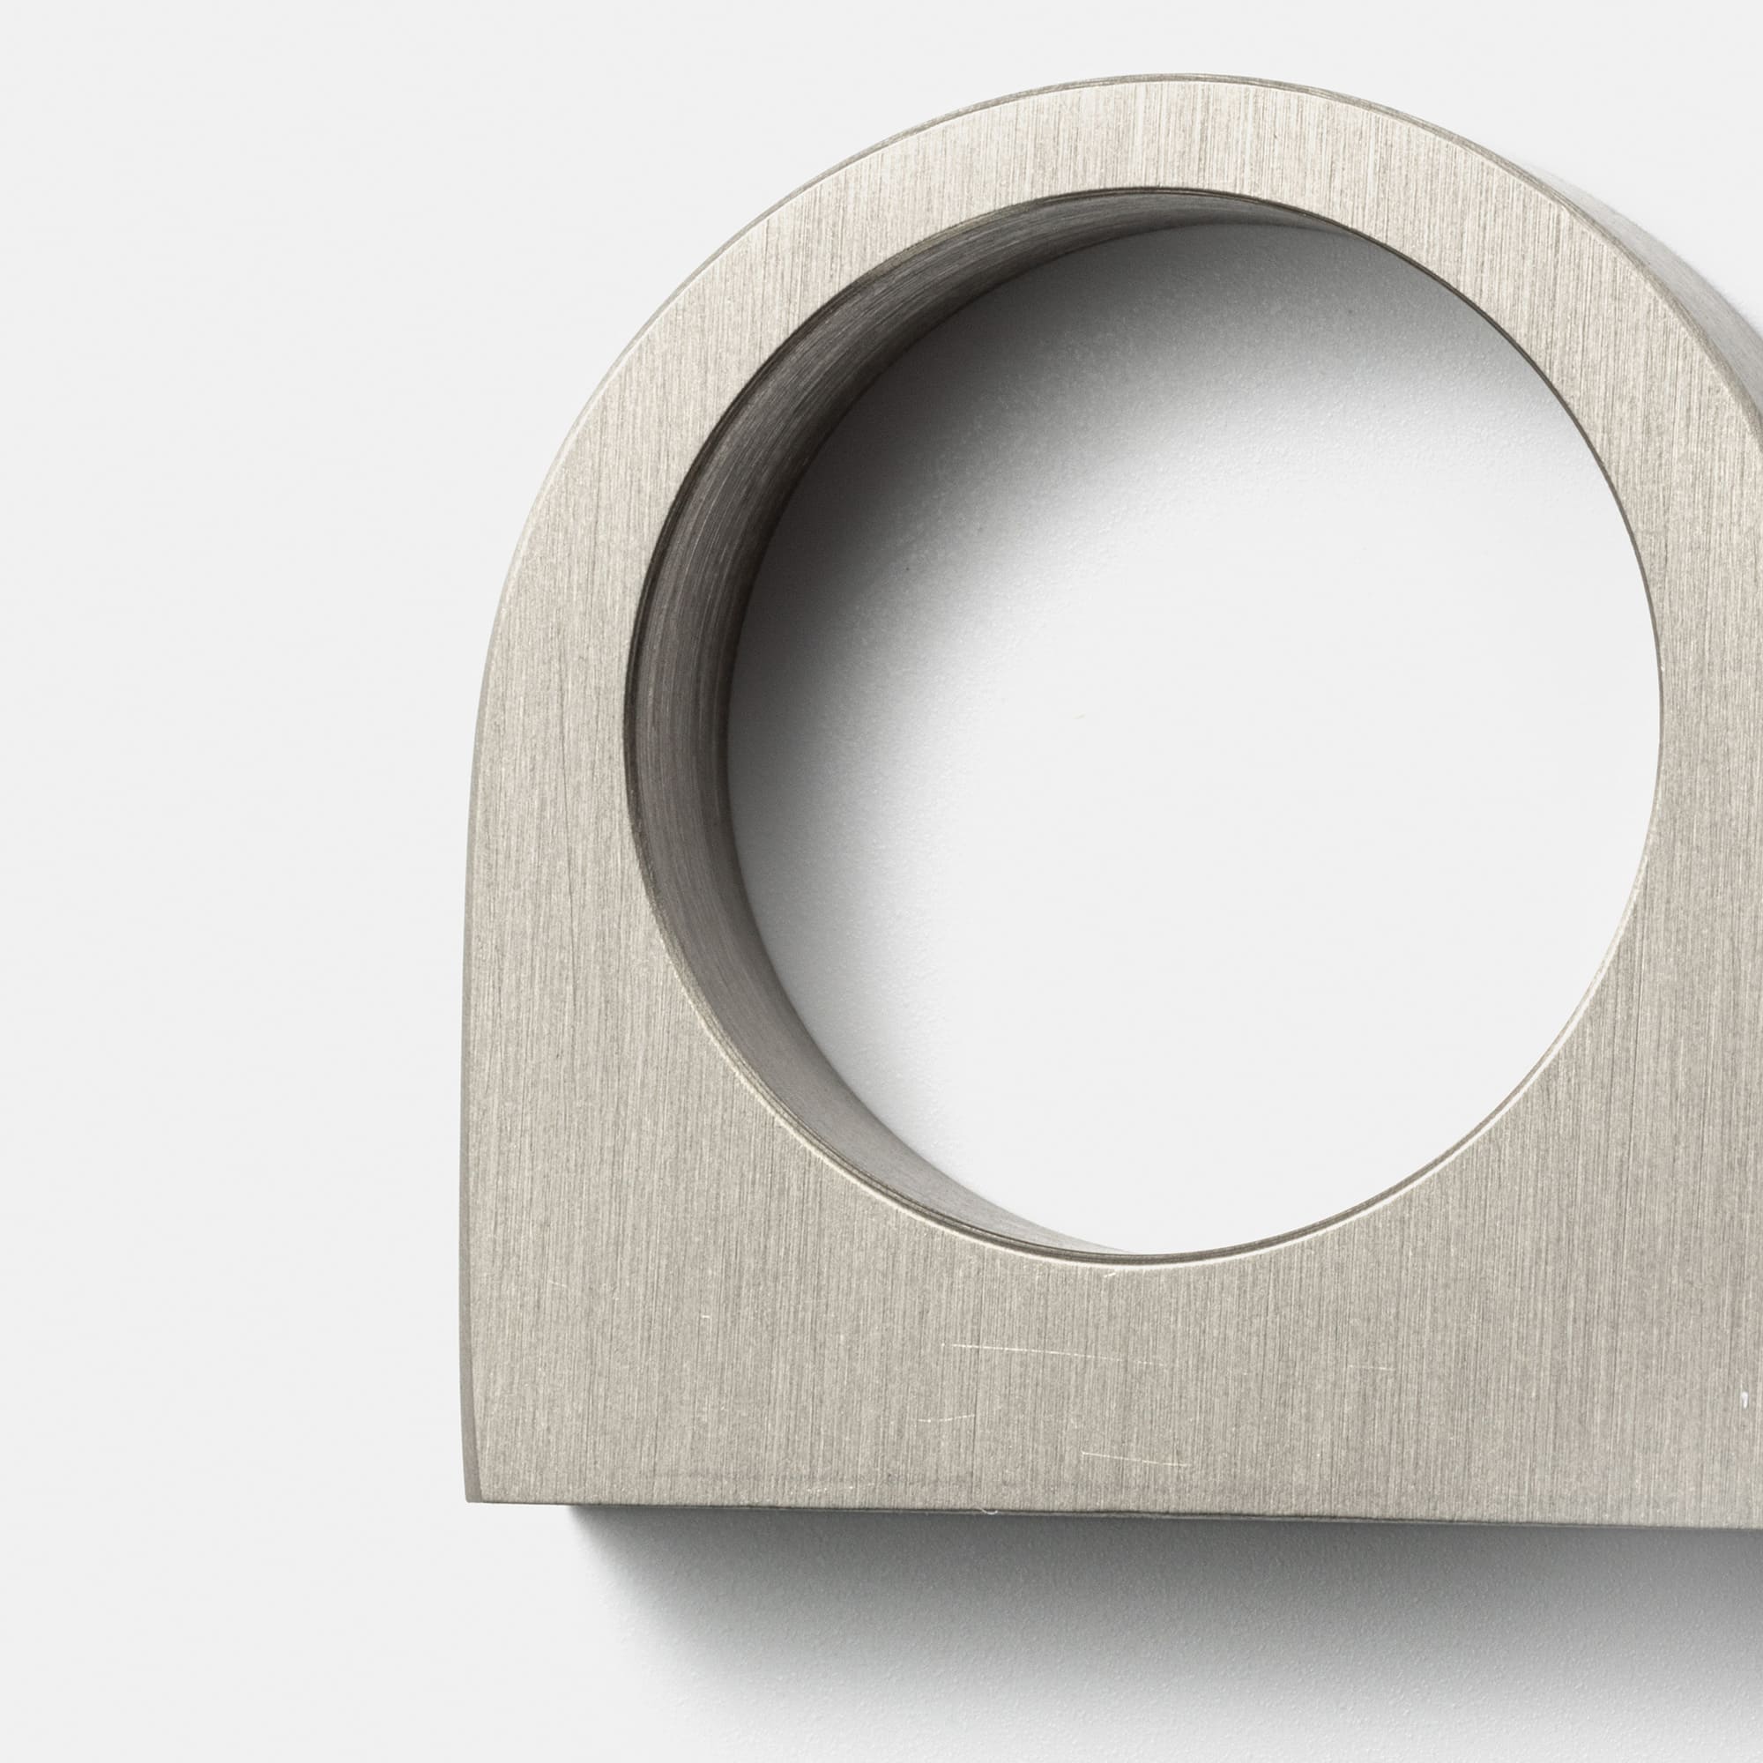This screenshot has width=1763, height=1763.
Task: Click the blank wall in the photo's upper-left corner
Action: pyautogui.click(x=182, y=182)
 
